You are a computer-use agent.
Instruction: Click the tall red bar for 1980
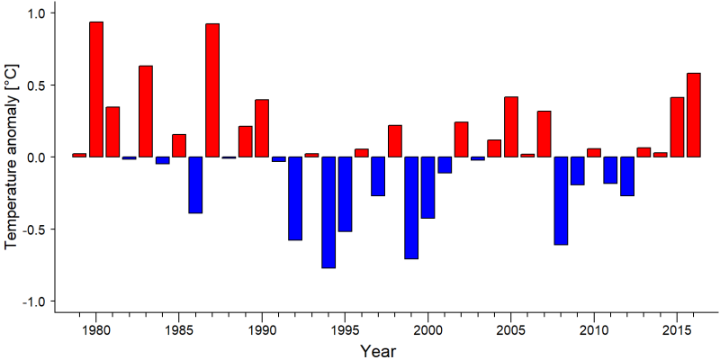pyautogui.click(x=96, y=89)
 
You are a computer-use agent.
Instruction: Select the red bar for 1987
pyautogui.click(x=212, y=90)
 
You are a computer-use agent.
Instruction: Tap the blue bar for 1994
pyautogui.click(x=328, y=212)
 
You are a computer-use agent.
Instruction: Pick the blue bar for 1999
pyautogui.click(x=411, y=208)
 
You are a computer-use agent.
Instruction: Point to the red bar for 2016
pyautogui.click(x=694, y=115)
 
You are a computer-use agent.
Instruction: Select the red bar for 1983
pyautogui.click(x=146, y=111)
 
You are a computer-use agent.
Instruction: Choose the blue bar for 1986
pyautogui.click(x=195, y=185)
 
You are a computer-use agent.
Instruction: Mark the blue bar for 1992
pyautogui.click(x=295, y=198)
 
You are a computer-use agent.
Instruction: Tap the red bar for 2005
pyautogui.click(x=511, y=127)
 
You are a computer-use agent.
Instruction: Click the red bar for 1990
pyautogui.click(x=262, y=128)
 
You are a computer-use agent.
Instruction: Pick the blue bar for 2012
pyautogui.click(x=627, y=176)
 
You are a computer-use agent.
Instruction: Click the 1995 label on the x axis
pyautogui.click(x=345, y=329)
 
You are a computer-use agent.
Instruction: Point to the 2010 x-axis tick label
pyautogui.click(x=594, y=329)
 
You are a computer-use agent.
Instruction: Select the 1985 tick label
pyautogui.click(x=179, y=329)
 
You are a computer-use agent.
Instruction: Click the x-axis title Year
pyautogui.click(x=377, y=351)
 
